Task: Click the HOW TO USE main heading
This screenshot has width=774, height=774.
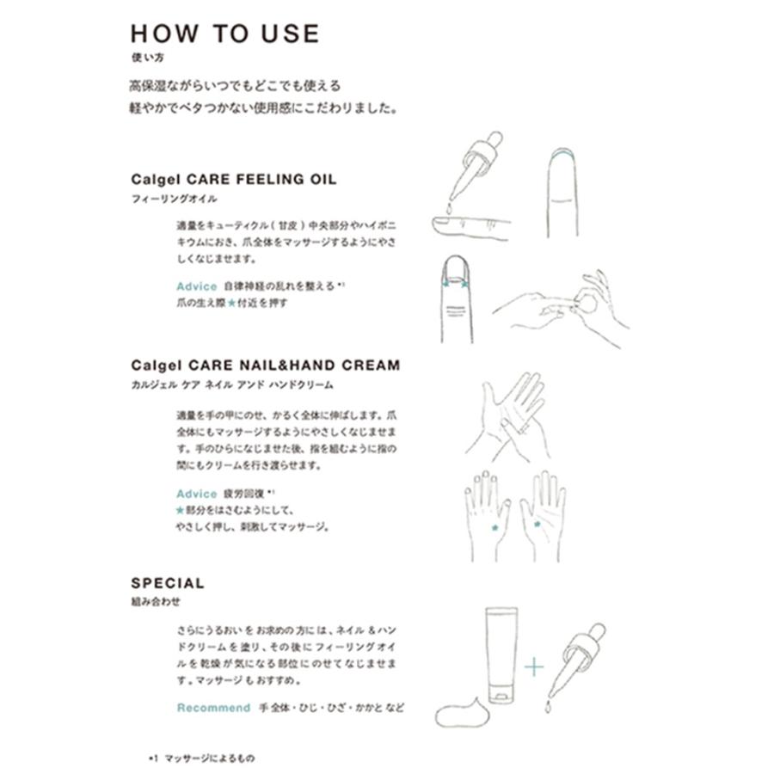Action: pos(224,34)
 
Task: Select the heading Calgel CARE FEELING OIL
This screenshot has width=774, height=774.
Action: pos(233,180)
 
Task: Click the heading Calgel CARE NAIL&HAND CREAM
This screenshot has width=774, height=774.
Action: pos(265,365)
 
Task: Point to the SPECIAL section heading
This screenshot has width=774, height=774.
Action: pos(168,583)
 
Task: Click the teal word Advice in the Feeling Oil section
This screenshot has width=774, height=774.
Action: pos(196,286)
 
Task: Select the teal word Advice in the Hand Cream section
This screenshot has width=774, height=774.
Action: pos(196,494)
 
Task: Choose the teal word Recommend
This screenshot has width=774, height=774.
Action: pos(213,708)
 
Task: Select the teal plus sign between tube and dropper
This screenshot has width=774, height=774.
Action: pos(535,666)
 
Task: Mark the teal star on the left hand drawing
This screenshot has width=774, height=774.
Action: pos(494,527)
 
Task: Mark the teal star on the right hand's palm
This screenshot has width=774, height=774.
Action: pos(537,524)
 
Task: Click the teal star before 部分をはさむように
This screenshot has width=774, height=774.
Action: pos(181,510)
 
